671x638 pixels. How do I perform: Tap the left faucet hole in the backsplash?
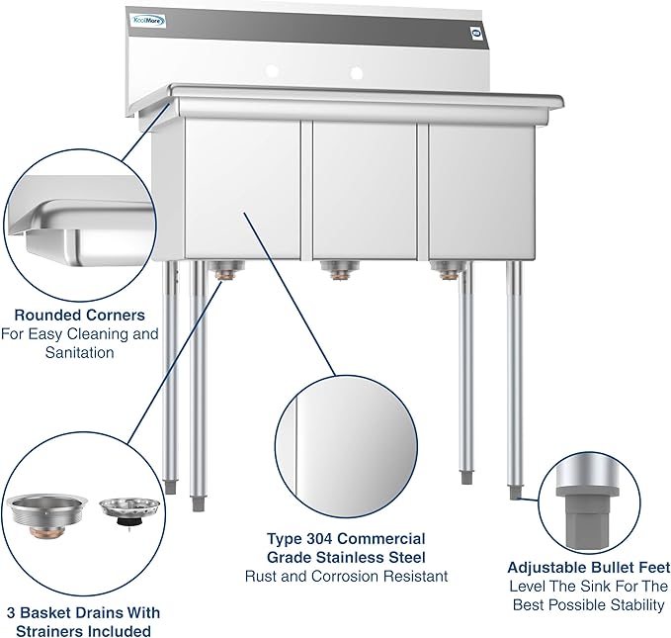[277, 72]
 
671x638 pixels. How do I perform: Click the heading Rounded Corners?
[78, 315]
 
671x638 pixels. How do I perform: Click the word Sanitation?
[78, 352]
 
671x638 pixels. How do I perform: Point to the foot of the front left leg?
[199, 502]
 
